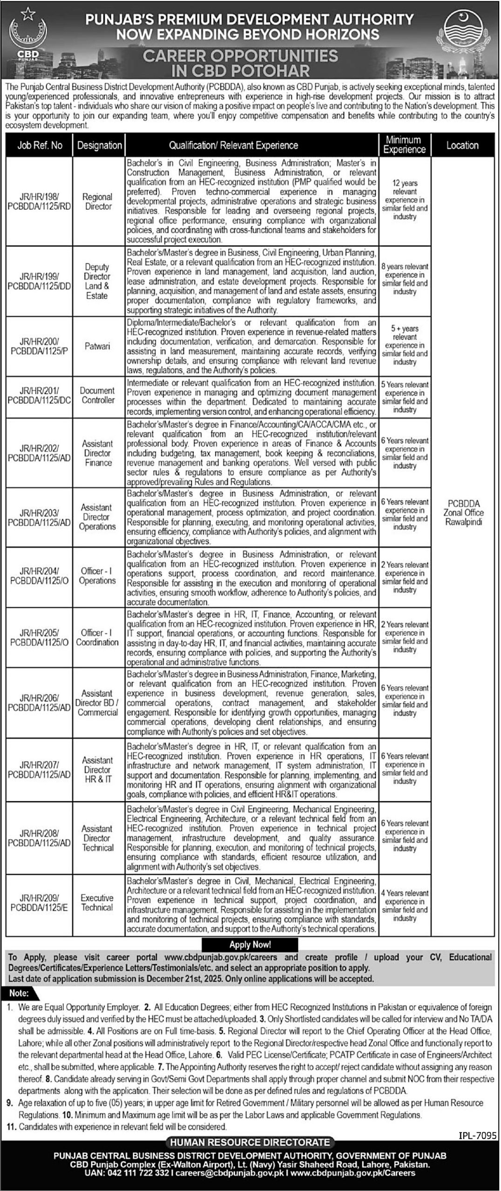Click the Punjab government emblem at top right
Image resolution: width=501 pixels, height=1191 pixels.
(x=466, y=36)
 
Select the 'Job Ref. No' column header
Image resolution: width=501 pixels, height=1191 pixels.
(x=40, y=146)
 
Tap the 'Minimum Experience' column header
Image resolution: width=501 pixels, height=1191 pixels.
(x=404, y=145)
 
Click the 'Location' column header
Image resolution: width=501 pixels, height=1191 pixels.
(x=462, y=146)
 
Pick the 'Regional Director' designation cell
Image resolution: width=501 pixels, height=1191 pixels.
(x=98, y=201)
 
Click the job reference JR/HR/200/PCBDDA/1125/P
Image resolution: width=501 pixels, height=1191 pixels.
(x=40, y=347)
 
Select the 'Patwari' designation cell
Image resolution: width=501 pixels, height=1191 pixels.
(x=98, y=347)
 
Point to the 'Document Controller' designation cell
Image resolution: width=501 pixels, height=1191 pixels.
(x=97, y=395)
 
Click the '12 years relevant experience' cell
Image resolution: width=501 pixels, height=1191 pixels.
(x=404, y=200)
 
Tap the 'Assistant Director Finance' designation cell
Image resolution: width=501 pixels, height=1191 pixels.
(x=98, y=453)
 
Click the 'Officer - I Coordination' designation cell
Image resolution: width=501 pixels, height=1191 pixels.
(x=98, y=637)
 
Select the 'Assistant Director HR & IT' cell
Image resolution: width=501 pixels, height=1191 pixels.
(x=98, y=769)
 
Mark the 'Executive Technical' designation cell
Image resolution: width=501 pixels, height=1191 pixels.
(x=97, y=903)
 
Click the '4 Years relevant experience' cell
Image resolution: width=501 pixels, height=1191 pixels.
(x=404, y=905)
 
